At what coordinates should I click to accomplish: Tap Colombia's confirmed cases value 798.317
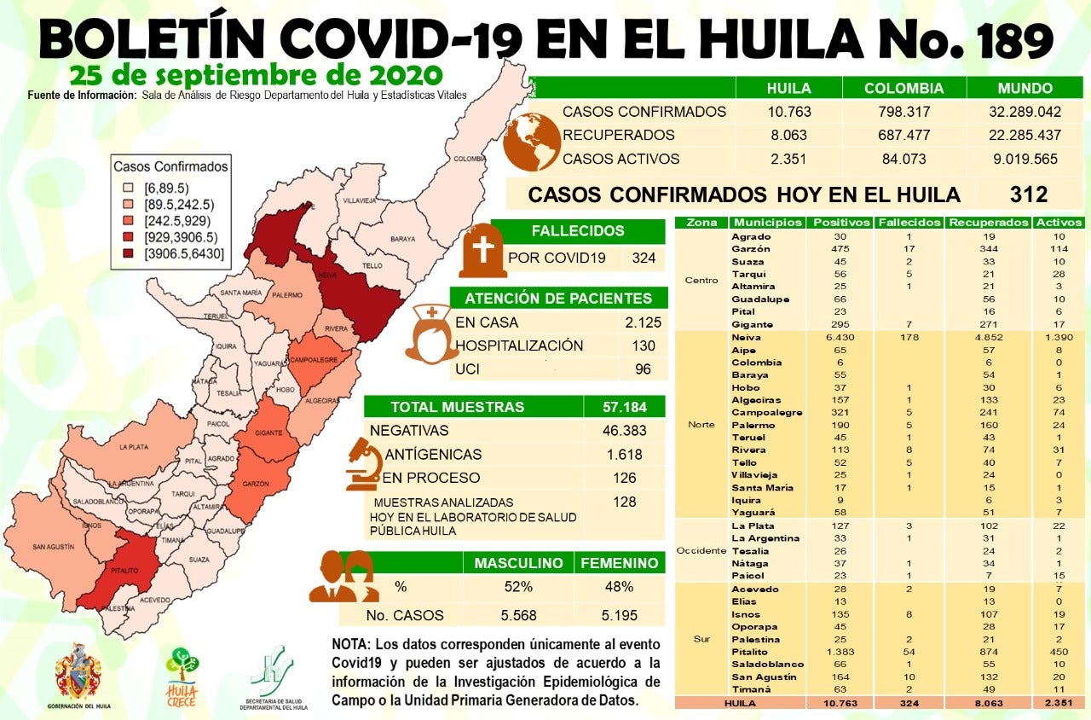tap(903, 112)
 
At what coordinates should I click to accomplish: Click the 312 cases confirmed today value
tap(1028, 194)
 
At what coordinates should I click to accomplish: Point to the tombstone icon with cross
tap(482, 250)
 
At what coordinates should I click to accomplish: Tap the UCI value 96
tap(644, 369)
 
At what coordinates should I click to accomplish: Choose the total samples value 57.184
tap(624, 407)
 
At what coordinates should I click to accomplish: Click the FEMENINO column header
tap(620, 563)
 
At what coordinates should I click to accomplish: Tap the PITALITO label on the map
tap(124, 566)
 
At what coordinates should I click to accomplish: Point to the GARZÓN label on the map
tap(255, 484)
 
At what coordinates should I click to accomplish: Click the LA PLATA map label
tap(134, 446)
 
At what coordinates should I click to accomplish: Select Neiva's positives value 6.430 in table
tap(839, 337)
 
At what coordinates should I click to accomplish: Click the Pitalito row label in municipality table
tap(750, 652)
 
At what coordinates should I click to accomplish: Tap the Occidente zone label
tap(701, 550)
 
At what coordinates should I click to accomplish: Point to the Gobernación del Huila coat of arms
tap(78, 672)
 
